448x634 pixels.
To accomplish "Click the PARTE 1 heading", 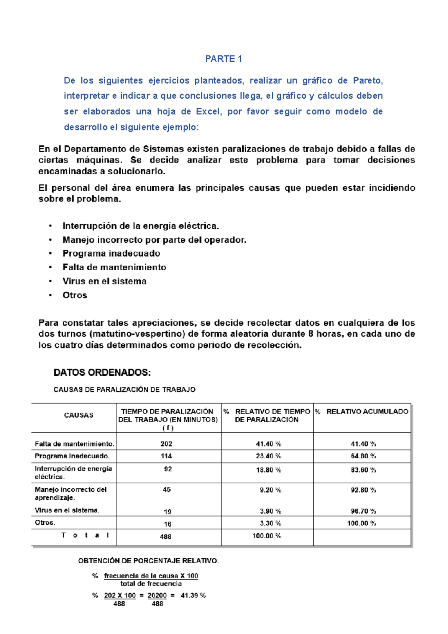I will point(223,59).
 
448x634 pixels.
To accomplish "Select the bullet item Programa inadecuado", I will point(111,253).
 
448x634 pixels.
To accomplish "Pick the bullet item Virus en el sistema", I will point(105,281).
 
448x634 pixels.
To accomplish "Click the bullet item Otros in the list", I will point(75,295).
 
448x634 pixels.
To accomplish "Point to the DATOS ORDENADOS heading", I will point(102,372).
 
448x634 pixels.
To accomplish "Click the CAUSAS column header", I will point(78,415).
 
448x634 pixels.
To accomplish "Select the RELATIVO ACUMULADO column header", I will point(367,412).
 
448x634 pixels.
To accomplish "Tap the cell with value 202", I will point(166,444).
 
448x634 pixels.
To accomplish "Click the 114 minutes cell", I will point(166,456).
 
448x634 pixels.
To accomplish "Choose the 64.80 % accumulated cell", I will point(363,456).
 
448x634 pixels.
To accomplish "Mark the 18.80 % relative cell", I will point(268,470).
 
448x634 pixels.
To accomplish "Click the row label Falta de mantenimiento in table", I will point(74,444).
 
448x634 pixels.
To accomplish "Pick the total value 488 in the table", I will point(165,536).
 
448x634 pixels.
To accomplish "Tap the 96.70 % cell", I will point(363,511).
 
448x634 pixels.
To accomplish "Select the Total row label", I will point(85,535).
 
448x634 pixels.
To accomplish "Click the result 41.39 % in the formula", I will point(193,595).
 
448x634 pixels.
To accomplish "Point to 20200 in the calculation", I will point(157,595).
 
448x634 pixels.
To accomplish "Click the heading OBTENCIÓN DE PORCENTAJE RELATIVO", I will point(148,560).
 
